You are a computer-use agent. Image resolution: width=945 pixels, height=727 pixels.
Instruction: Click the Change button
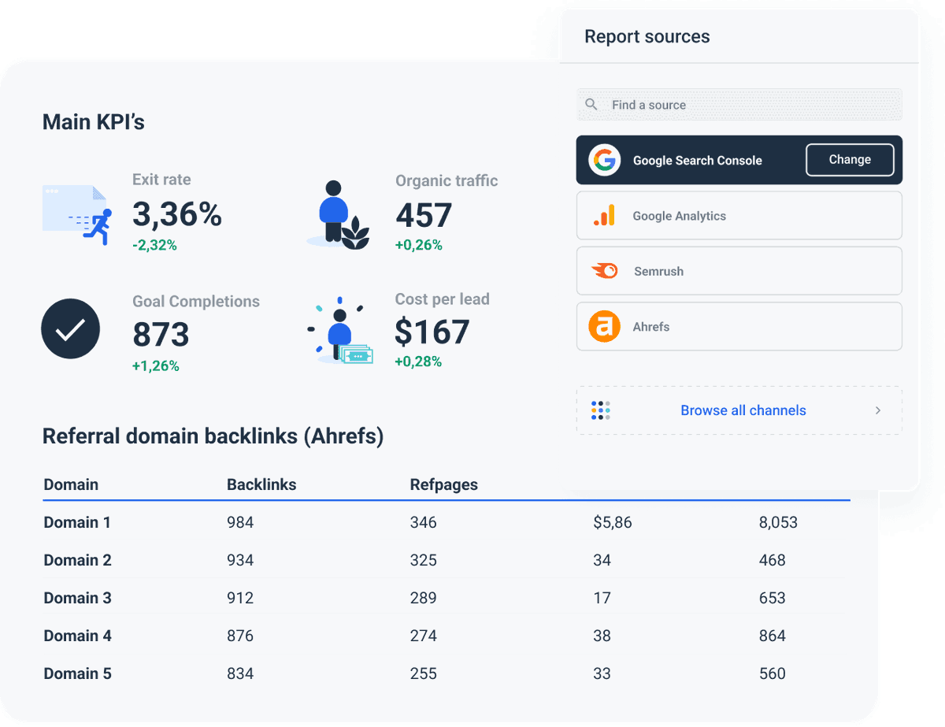coord(850,160)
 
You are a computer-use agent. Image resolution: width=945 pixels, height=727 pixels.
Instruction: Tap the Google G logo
coord(604,160)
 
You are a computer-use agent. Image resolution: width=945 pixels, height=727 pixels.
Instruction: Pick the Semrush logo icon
coord(604,271)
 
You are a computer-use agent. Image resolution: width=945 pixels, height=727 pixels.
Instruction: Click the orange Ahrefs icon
coord(604,326)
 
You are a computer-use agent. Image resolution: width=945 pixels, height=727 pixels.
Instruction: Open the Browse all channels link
coord(743,410)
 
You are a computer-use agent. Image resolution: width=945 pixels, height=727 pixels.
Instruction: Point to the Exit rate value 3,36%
coord(177,214)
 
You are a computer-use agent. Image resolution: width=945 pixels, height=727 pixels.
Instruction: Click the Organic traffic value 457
coord(424,215)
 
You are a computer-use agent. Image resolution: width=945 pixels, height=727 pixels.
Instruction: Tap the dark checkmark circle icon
coord(70,329)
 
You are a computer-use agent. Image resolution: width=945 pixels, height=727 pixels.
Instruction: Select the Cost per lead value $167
coord(432,332)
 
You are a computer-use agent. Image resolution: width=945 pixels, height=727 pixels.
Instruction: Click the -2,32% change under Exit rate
coord(154,246)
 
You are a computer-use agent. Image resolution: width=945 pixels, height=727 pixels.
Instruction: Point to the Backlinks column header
coord(261,484)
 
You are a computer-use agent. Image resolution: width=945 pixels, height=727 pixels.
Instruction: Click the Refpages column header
coord(443,484)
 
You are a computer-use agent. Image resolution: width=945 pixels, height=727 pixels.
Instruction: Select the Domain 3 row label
coord(77,598)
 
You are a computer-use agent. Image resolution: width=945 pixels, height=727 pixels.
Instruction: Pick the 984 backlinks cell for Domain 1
coord(240,522)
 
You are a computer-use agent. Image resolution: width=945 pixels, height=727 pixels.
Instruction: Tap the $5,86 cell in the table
coord(613,522)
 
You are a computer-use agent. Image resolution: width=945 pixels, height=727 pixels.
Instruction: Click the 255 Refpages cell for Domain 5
coord(423,673)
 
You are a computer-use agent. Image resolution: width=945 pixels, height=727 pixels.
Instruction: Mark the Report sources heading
coord(647,37)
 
